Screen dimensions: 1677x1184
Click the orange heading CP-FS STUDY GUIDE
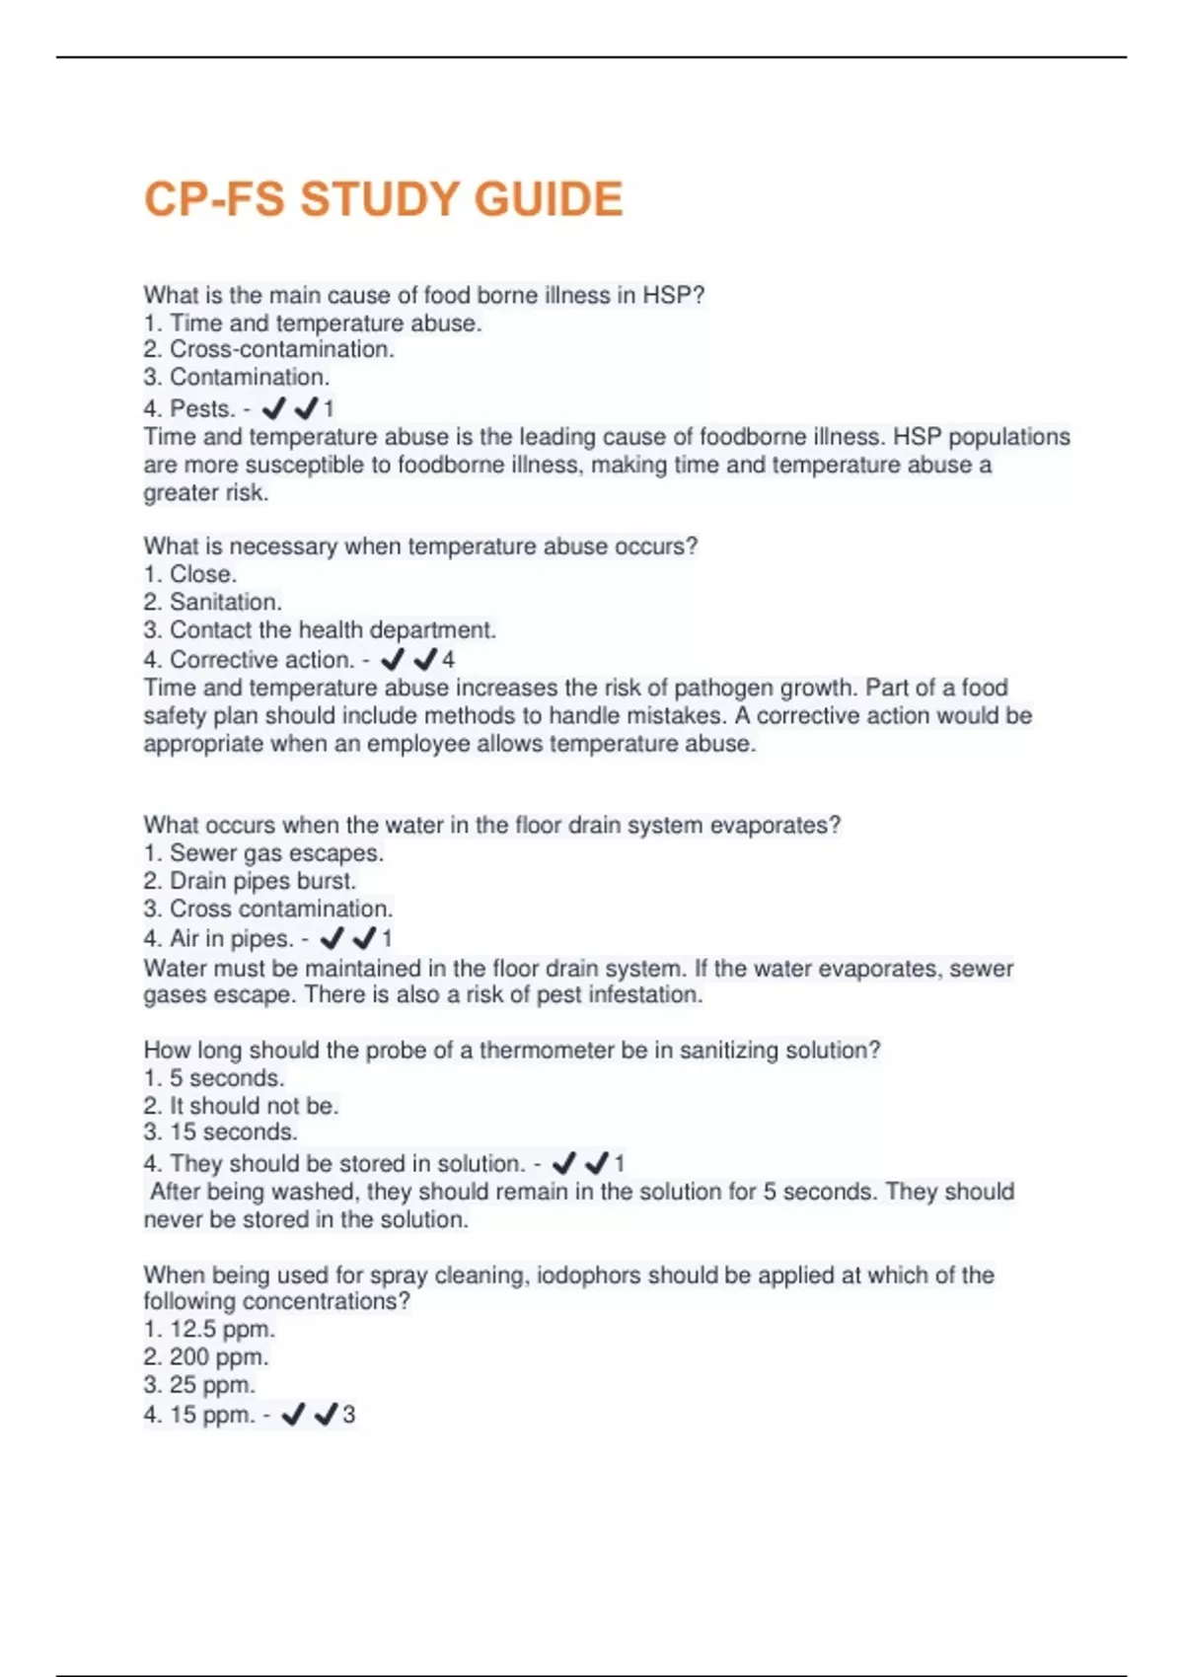click(383, 199)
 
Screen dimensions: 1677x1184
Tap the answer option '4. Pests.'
click(189, 408)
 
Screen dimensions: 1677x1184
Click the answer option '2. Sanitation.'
click(212, 602)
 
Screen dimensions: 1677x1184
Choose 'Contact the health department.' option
click(320, 629)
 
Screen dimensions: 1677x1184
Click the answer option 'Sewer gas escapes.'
click(263, 852)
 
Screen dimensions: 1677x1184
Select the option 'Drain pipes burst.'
click(250, 880)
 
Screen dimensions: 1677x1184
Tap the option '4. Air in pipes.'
click(219, 938)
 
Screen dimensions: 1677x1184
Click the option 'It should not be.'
click(241, 1106)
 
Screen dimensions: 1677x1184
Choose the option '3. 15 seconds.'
click(220, 1132)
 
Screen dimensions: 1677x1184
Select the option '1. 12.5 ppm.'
click(209, 1329)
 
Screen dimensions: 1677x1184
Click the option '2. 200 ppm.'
click(206, 1357)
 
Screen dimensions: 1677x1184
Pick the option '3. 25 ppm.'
click(199, 1385)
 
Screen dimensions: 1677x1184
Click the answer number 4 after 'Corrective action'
click(449, 659)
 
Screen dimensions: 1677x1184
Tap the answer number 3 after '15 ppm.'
click(348, 1415)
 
